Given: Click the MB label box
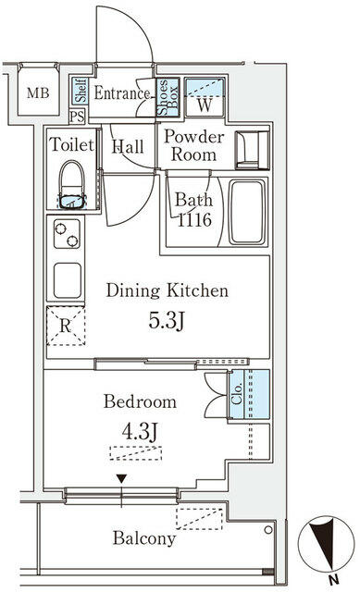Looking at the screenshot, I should [x=37, y=93].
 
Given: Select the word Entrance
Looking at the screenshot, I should [x=120, y=93].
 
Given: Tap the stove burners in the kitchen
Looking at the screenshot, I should [x=68, y=239].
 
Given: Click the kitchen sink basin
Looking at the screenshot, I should [x=68, y=279].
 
